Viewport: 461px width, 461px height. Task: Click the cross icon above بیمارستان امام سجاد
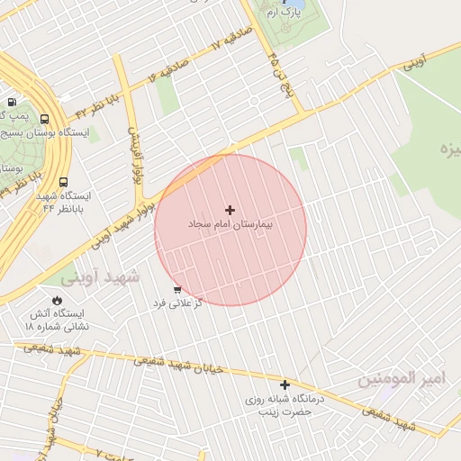pos(230,209)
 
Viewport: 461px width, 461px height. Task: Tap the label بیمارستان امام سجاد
pos(230,222)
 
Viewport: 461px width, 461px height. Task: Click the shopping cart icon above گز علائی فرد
pos(176,289)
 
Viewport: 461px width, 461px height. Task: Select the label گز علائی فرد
pos(177,303)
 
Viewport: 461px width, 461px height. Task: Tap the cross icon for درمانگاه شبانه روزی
pos(285,384)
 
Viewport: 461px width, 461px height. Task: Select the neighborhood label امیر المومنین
pos(402,379)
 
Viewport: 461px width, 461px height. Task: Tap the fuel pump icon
pos(11,103)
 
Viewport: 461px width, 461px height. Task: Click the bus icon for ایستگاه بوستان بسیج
pos(45,119)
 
